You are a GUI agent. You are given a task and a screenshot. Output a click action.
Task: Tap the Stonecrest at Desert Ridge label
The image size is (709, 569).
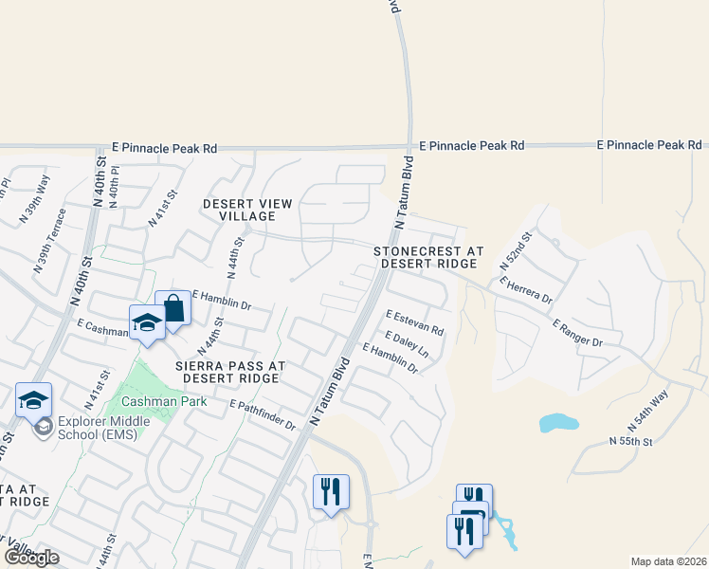click(428, 257)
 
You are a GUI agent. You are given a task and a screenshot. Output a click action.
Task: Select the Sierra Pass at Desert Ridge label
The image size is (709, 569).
click(227, 371)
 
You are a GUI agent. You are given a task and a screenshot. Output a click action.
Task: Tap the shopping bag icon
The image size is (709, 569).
click(173, 308)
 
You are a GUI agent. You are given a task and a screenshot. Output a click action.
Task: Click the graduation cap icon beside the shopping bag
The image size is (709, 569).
click(147, 322)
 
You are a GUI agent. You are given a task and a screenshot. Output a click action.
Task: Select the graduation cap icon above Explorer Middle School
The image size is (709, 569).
click(33, 399)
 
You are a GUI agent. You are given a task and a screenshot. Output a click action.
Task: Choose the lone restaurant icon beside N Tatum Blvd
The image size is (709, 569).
click(331, 491)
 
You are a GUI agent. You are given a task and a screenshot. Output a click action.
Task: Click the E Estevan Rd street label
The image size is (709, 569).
click(414, 322)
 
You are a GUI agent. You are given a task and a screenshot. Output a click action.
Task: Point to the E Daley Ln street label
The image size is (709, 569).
click(407, 345)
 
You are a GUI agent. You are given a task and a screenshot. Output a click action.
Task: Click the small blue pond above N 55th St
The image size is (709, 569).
click(558, 422)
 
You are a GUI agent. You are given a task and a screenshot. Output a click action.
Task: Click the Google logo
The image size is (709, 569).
click(31, 557)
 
